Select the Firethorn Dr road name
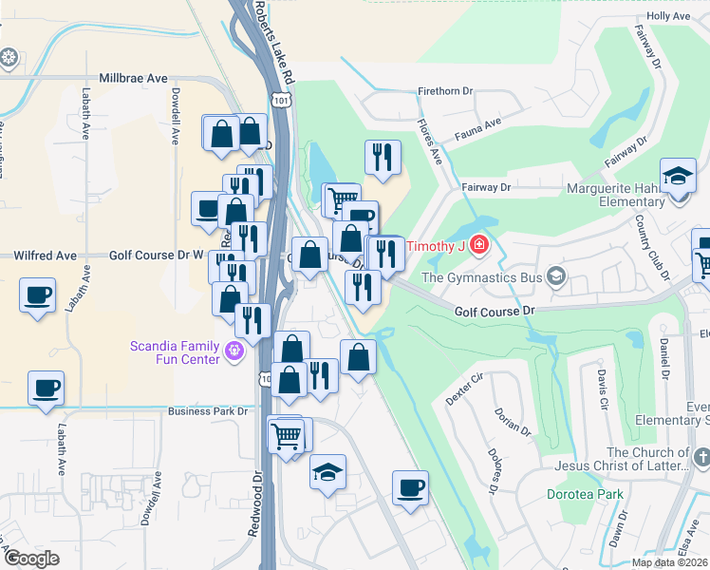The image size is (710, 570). [445, 91]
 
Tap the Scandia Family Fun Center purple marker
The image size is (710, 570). [235, 354]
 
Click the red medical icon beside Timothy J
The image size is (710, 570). [479, 246]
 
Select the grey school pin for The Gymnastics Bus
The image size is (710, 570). [556, 277]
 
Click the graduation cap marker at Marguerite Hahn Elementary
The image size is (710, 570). [678, 177]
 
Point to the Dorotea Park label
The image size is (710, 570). [585, 494]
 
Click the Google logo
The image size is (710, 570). [32, 558]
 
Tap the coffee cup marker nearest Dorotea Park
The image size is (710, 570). [410, 487]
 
